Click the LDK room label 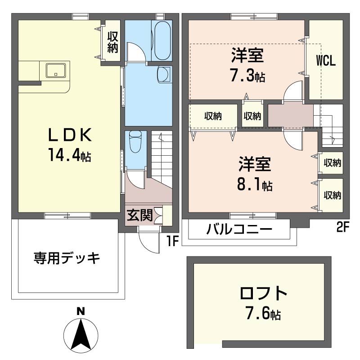click(x=70, y=135)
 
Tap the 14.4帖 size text click(x=70, y=155)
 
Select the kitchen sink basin click(x=56, y=71)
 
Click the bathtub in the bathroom click(x=162, y=41)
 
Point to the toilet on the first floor click(x=135, y=142)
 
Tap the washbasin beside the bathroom click(x=164, y=74)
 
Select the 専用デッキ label click(x=67, y=258)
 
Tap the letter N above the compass click(x=81, y=312)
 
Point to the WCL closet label click(x=326, y=61)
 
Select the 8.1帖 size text click(x=255, y=185)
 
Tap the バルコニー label click(x=239, y=229)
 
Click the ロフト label click(x=263, y=293)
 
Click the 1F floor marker click(x=173, y=241)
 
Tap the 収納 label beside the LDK click(x=113, y=42)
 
